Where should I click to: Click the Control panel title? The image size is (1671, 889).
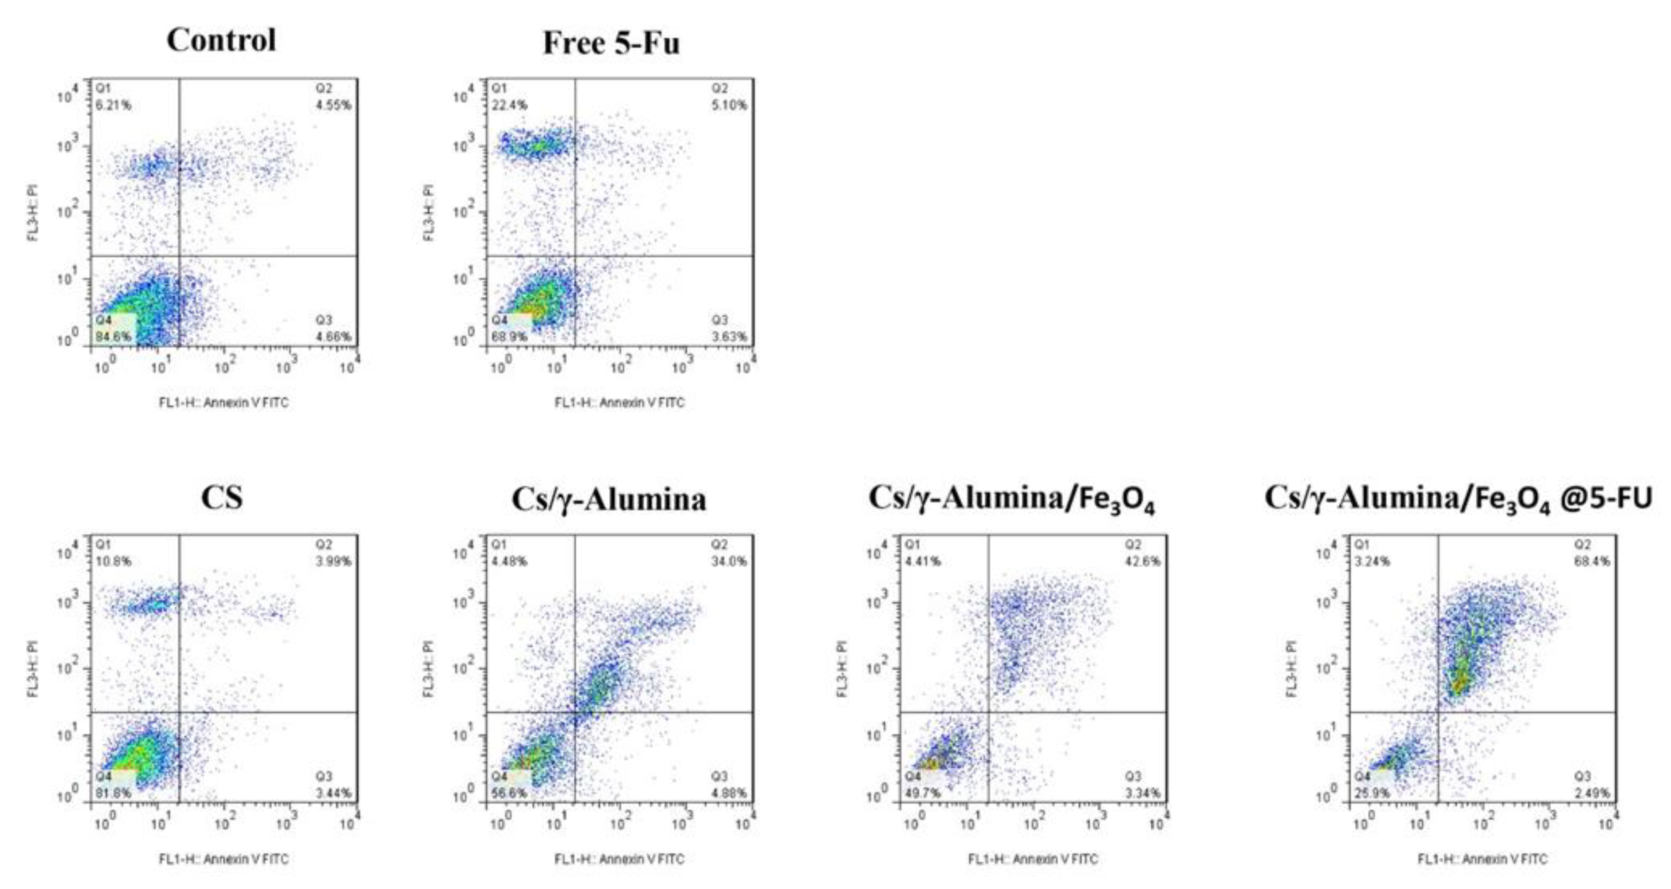point(221,40)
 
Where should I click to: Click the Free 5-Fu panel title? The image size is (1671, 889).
point(611,43)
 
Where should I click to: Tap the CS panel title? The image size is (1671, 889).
point(222,498)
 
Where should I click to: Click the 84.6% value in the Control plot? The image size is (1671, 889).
point(113,337)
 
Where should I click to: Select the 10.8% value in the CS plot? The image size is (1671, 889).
point(113,561)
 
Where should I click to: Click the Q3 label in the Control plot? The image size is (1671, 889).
point(324,320)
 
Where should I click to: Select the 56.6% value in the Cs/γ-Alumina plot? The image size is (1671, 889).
point(509,793)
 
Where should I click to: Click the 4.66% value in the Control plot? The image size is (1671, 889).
point(333,337)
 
